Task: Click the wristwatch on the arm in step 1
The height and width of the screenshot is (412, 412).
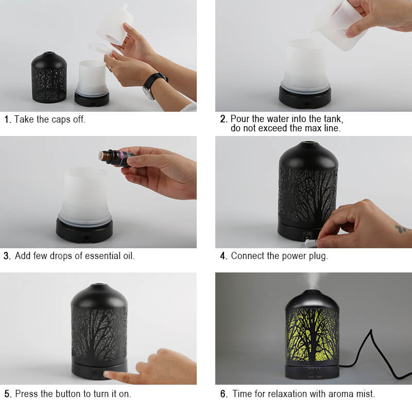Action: click(153, 84)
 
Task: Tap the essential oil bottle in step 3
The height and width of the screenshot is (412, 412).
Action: click(115, 158)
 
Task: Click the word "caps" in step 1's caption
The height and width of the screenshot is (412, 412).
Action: click(61, 119)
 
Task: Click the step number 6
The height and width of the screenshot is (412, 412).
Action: click(224, 393)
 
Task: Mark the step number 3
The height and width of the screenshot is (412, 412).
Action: click(7, 255)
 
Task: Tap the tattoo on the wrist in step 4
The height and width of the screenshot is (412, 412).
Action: click(402, 229)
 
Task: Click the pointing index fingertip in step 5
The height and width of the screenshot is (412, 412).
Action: click(107, 374)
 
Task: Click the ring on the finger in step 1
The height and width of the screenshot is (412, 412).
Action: click(110, 69)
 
